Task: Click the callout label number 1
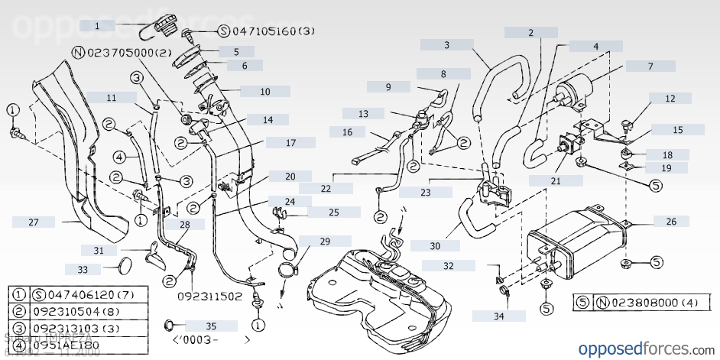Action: (x=97, y=25)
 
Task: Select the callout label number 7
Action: (x=650, y=66)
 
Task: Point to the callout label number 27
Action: (x=33, y=222)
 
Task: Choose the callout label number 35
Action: (x=190, y=326)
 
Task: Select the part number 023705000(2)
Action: (x=122, y=53)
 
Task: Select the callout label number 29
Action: (x=325, y=241)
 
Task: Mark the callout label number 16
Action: (x=348, y=132)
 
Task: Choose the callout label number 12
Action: (x=670, y=99)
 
